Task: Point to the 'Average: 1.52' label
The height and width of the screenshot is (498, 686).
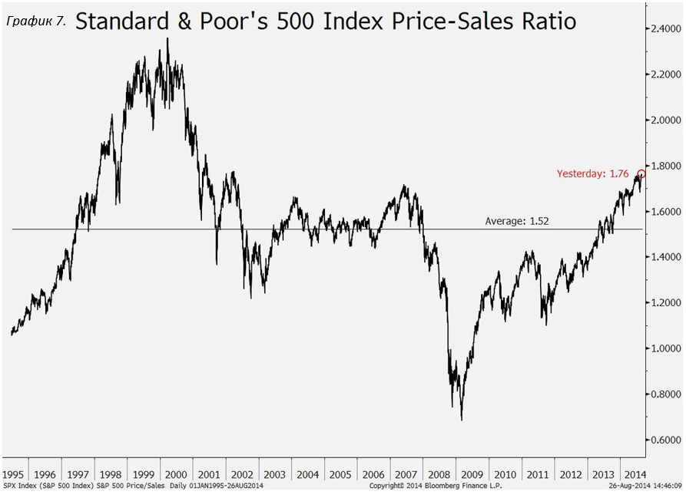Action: click(x=517, y=221)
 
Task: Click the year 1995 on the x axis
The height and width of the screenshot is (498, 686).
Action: click(x=14, y=474)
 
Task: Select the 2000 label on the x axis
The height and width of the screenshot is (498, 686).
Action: click(x=176, y=474)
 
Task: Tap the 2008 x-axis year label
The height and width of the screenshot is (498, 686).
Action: click(x=439, y=474)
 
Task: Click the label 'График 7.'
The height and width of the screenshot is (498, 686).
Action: click(x=35, y=21)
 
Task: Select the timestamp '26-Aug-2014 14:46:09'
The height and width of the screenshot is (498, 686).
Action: click(x=644, y=486)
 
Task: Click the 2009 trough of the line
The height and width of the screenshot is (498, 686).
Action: click(x=462, y=419)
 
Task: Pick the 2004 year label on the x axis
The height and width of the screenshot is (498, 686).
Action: click(x=308, y=474)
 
